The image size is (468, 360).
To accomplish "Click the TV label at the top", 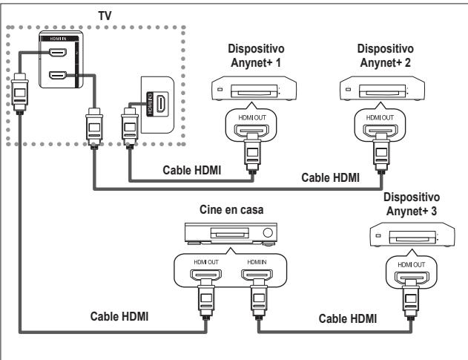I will [x=94, y=15].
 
